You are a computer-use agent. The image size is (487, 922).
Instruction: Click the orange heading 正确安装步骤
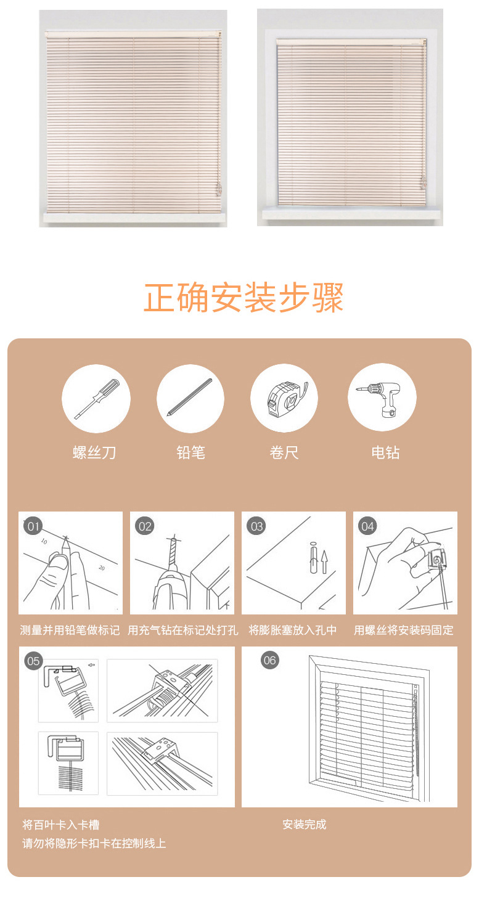243,298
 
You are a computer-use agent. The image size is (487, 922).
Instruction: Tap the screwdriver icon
96,399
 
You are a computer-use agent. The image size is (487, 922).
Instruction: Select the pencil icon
190,398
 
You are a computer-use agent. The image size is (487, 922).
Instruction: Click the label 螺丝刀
94,453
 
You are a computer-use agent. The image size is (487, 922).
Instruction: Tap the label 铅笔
190,453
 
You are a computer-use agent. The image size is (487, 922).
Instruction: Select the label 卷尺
284,453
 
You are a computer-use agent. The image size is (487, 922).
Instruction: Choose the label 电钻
385,453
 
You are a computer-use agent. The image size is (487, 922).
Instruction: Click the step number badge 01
33,526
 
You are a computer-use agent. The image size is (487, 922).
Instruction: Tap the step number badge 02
144,526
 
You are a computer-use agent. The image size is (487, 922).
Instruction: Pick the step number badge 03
256,526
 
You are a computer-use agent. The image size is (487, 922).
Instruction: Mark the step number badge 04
367,526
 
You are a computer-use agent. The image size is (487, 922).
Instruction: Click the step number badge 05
33,661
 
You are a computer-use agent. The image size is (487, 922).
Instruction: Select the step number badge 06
269,660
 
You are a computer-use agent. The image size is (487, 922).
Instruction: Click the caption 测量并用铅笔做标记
70,630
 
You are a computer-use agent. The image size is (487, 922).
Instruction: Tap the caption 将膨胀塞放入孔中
293,630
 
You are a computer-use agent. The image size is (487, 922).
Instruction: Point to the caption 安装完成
304,825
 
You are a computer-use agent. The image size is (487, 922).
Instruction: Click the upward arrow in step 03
324,561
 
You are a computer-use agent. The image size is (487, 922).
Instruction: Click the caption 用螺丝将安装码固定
403,630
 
